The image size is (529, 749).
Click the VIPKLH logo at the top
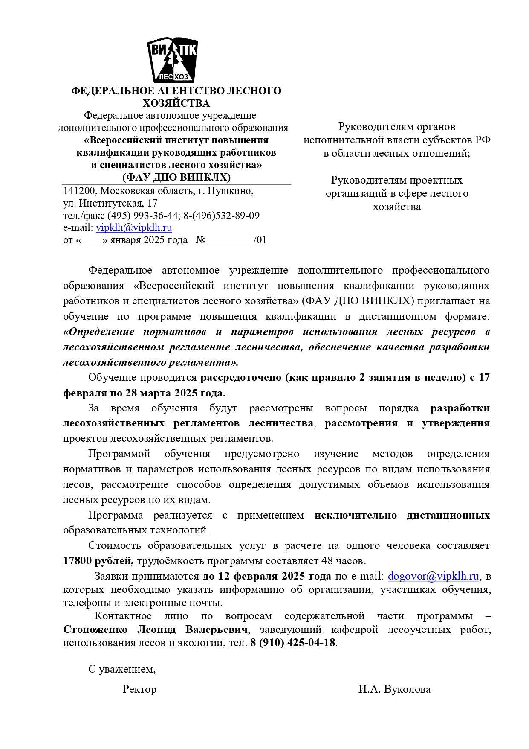[172, 61]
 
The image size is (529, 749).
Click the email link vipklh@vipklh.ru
[134, 228]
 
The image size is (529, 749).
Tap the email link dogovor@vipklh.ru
[433, 576]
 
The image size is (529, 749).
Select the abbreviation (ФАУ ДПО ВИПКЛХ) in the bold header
[176, 177]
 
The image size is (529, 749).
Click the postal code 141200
[79, 191]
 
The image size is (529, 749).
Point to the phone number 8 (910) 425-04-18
[293, 642]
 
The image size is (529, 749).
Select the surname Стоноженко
[95, 630]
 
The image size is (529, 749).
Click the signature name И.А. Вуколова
[394, 689]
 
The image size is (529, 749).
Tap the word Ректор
[139, 689]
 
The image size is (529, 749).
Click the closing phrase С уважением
[122, 669]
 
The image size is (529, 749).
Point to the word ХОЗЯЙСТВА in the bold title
[176, 103]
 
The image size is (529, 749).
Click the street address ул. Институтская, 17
[110, 203]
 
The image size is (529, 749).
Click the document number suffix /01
[260, 240]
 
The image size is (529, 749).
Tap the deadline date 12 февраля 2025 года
[275, 576]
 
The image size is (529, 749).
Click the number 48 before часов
[327, 561]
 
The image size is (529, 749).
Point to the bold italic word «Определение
[98, 332]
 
